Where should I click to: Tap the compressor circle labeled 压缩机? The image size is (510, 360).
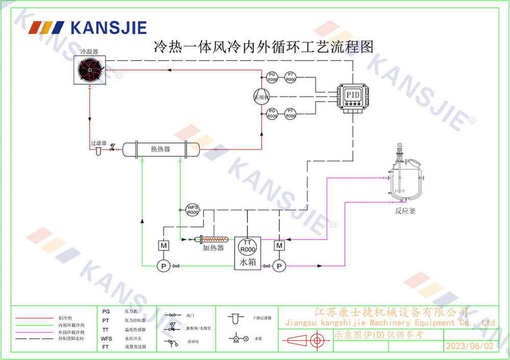tap(262, 97)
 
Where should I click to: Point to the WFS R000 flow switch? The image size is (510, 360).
tap(193, 210)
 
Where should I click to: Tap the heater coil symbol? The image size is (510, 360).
tap(216, 239)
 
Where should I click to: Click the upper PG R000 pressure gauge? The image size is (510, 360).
tap(272, 78)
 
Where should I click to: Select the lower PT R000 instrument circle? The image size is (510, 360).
tap(290, 114)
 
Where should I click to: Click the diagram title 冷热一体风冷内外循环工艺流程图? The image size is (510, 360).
tap(264, 47)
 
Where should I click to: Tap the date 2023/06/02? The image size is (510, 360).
tap(469, 346)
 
